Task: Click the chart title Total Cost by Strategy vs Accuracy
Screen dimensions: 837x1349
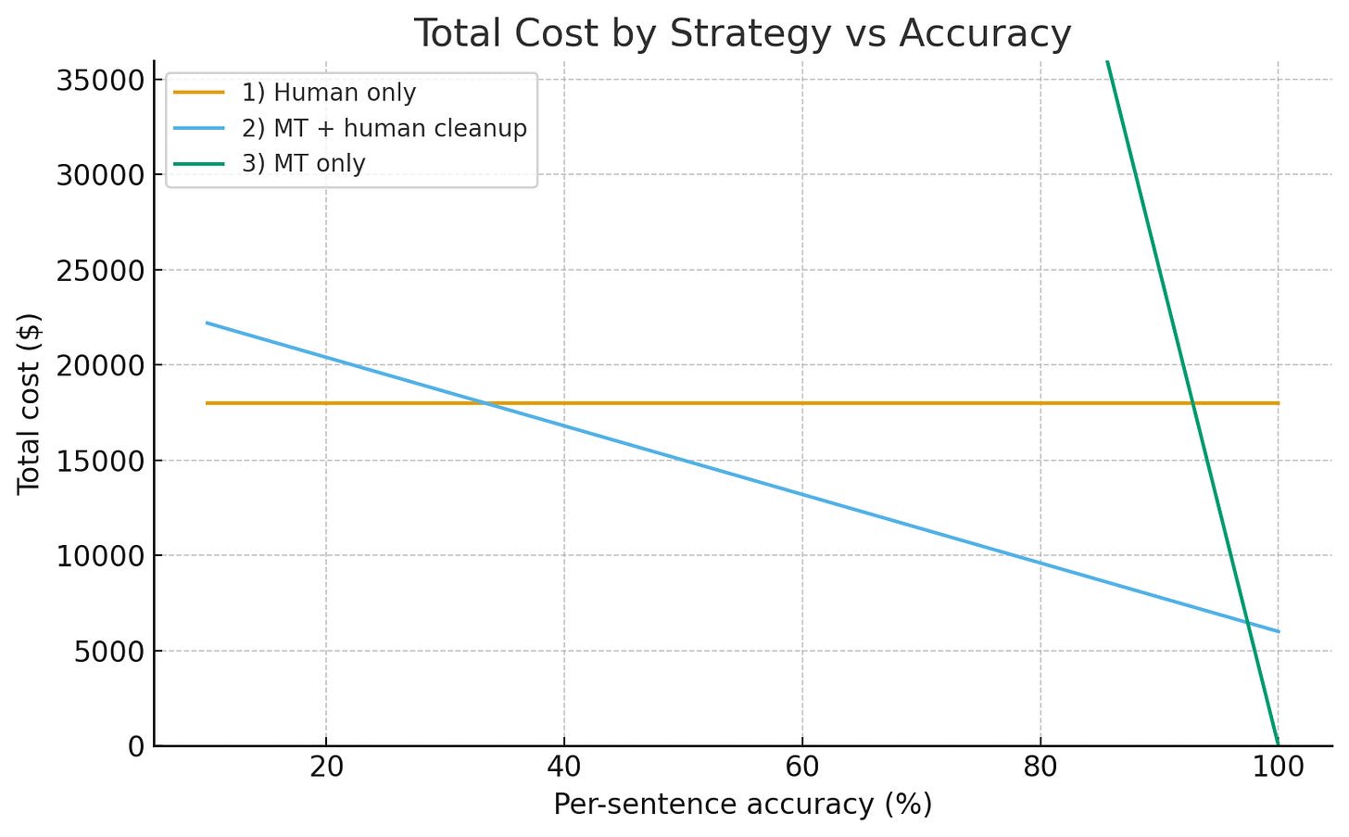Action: [x=742, y=33]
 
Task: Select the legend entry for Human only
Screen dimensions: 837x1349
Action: [x=328, y=93]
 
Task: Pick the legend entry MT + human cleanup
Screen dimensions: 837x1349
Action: [x=384, y=128]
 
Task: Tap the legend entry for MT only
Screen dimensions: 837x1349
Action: [x=303, y=163]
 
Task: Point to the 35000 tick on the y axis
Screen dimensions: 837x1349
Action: [x=100, y=80]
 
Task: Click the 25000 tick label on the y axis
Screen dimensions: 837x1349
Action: [x=100, y=271]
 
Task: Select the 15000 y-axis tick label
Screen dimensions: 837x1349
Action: [x=100, y=461]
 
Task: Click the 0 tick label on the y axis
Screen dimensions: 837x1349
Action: [x=137, y=746]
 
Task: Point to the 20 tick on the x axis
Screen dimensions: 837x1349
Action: [x=326, y=767]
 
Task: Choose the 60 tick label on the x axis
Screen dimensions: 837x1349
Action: [x=802, y=767]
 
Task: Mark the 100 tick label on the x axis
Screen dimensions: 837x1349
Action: [x=1278, y=767]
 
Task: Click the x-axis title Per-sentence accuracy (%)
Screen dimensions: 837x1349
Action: [x=742, y=805]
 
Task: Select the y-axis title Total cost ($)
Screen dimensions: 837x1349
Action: [x=30, y=403]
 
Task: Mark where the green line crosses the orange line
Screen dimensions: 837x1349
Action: [x=1194, y=403]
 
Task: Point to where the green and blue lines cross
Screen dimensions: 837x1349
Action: [x=1249, y=623]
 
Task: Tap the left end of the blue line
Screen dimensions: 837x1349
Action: [x=207, y=323]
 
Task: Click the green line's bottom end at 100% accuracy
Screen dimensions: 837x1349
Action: [x=1278, y=743]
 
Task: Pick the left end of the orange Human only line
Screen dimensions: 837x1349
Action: [x=207, y=403]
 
